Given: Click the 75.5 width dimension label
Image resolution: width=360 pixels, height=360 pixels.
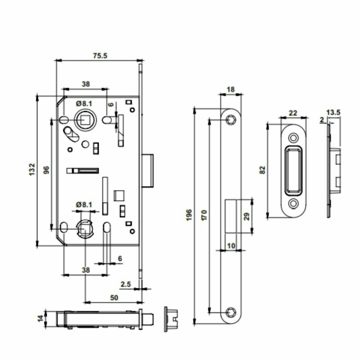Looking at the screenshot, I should [x=100, y=55].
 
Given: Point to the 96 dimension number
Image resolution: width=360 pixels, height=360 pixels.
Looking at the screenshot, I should [x=46, y=171].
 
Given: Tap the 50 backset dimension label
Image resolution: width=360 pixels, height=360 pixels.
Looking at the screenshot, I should [x=114, y=297].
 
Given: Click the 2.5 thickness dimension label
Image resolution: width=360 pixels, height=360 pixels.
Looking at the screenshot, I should [x=126, y=284].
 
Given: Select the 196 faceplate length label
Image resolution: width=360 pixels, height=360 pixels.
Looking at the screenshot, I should [x=189, y=215].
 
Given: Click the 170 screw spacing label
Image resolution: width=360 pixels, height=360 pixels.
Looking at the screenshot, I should [x=204, y=215].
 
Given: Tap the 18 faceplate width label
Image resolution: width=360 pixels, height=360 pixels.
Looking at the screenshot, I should [x=231, y=89].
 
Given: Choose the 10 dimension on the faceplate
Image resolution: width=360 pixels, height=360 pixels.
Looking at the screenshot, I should [x=231, y=246].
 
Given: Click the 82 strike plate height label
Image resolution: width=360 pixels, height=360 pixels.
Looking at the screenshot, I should [x=262, y=169].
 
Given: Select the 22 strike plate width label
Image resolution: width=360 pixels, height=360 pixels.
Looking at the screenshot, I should [x=293, y=113].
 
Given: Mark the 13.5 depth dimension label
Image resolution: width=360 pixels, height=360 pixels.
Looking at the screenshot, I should [x=333, y=112].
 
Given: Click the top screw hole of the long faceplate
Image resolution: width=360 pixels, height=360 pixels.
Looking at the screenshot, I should [x=230, y=120].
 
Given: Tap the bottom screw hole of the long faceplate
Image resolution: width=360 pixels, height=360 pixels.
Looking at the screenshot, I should [x=230, y=312].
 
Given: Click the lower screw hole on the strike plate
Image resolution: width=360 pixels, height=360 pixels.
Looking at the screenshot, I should [x=293, y=204].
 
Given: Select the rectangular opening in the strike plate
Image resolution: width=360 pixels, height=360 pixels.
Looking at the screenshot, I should [x=293, y=171].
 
